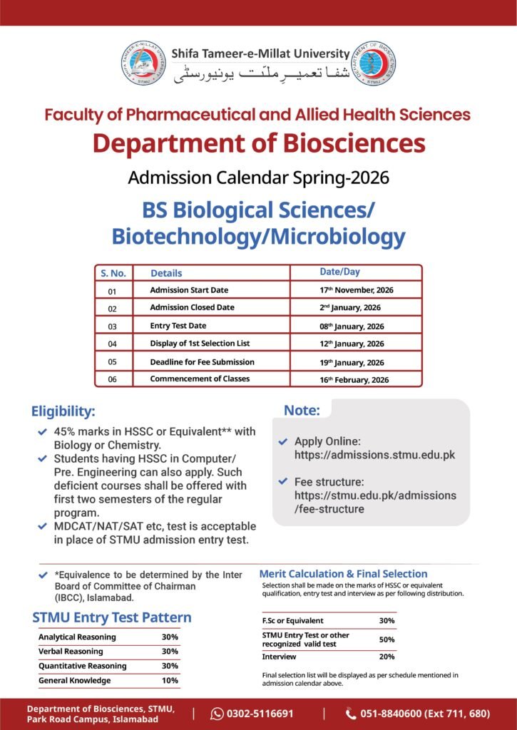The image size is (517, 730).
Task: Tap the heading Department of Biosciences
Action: (x=258, y=143)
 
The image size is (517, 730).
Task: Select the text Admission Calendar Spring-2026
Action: (x=258, y=177)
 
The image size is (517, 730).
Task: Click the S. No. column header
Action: (x=113, y=273)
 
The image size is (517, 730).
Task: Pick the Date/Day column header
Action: (x=339, y=272)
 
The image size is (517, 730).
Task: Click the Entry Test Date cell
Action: (x=178, y=326)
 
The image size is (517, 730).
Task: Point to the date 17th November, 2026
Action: (x=357, y=290)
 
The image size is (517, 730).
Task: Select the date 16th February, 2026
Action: (x=354, y=379)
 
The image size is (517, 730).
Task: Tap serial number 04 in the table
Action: (x=112, y=344)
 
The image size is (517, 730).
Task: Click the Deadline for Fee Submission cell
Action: (x=202, y=361)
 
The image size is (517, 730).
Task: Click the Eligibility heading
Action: (x=63, y=411)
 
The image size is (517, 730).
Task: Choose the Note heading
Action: (x=302, y=410)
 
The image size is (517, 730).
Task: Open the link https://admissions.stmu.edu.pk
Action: (x=374, y=454)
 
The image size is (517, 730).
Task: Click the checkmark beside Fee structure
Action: (x=284, y=481)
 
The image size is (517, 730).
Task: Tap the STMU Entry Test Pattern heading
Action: (x=112, y=617)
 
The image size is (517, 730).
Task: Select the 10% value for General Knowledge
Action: (x=170, y=680)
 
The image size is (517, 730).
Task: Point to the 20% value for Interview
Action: (x=387, y=657)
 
